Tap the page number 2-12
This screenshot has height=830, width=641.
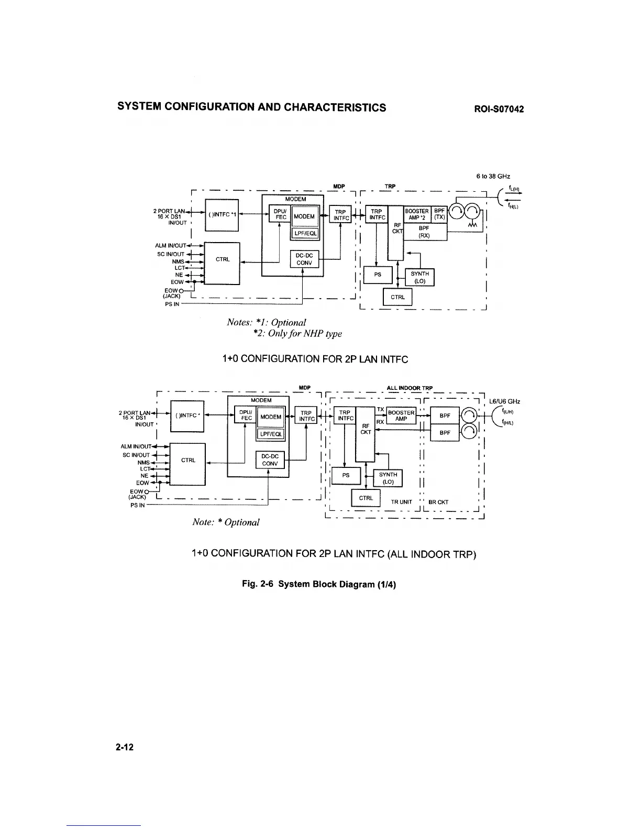tap(125, 747)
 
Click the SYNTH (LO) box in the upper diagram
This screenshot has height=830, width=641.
tap(420, 277)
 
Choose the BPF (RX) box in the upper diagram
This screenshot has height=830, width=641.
tap(424, 232)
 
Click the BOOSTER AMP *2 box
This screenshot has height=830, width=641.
tap(417, 214)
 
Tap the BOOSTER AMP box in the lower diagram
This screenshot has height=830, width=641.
tap(402, 416)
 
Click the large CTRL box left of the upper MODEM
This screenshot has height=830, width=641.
tap(223, 263)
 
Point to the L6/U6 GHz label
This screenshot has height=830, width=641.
tap(504, 402)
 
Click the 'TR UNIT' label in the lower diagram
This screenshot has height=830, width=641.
tap(401, 502)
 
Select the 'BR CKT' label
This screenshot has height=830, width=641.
tap(438, 502)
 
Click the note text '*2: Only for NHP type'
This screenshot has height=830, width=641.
tap(297, 333)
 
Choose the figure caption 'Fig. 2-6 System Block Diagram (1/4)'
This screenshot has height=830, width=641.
tap(315, 584)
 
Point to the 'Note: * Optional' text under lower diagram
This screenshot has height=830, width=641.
tap(226, 522)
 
